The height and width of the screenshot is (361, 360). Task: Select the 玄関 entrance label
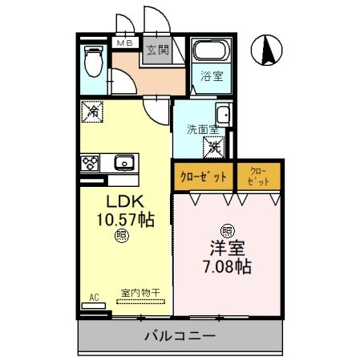[157, 50]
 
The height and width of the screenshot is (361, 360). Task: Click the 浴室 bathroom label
[212, 77]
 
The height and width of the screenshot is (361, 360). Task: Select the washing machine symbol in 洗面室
[213, 147]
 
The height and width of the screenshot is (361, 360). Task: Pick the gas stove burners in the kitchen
[89, 163]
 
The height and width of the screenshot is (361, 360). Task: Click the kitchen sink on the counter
[124, 164]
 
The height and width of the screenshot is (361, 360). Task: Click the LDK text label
[120, 201]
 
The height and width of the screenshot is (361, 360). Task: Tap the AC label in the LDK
[94, 298]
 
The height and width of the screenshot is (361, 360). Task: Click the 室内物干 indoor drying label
[141, 294]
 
